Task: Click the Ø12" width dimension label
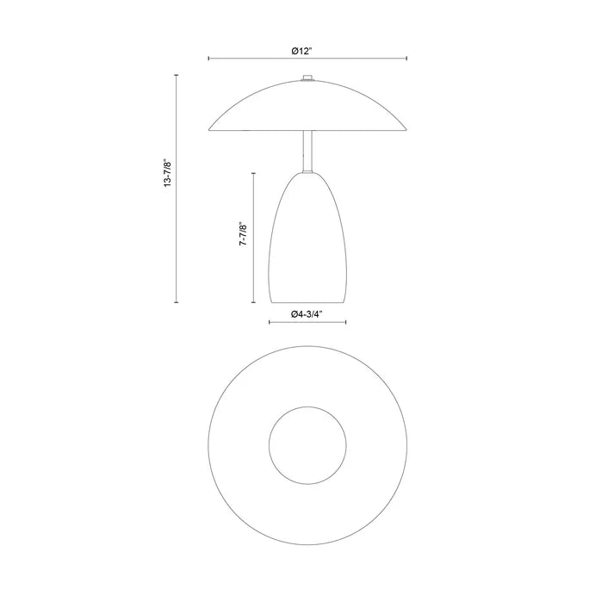pos(301,51)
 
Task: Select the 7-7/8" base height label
pos(244,237)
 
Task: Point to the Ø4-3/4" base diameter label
pos(307,315)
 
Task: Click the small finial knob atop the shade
pos(307,80)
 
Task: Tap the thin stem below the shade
pos(307,152)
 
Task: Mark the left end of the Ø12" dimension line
pos(208,59)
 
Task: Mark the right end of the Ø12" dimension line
pos(407,59)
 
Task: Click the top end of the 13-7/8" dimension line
pos(177,76)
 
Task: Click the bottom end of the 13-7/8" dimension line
pos(177,303)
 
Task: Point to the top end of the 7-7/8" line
pos(253,172)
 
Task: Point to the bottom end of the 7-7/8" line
pos(253,303)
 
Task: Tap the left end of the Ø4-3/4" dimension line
pos(269,324)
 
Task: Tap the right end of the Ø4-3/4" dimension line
pos(346,324)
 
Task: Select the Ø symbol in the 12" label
pos(295,51)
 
